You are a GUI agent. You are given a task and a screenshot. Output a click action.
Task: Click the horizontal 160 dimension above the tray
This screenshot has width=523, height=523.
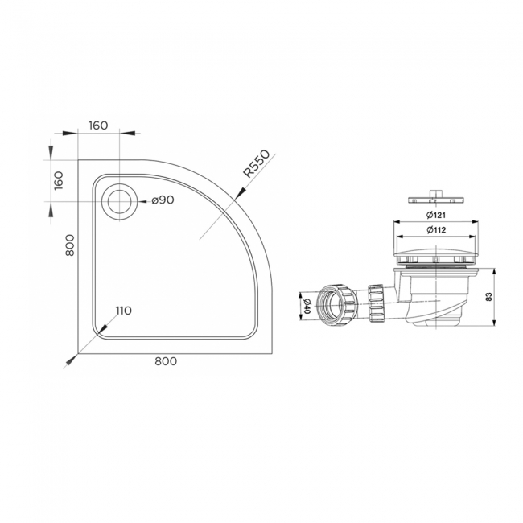pos(98,126)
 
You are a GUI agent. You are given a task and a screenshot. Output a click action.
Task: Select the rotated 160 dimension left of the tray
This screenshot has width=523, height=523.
pos(59,179)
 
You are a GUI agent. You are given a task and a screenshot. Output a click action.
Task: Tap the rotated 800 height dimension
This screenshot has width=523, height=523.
pos(69,245)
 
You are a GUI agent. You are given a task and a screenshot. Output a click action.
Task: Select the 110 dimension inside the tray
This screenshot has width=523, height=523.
pos(123,311)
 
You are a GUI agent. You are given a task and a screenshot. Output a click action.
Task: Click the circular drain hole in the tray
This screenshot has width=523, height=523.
pos(120,200)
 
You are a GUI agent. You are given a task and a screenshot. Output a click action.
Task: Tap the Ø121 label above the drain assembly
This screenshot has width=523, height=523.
pos(436,215)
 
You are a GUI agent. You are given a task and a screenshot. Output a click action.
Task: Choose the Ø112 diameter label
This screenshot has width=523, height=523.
pos(436,231)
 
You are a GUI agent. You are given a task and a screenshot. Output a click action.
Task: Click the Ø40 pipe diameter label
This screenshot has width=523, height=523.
pos(307,305)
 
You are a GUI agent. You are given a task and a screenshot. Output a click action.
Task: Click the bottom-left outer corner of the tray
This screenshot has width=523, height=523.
pos(79,352)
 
